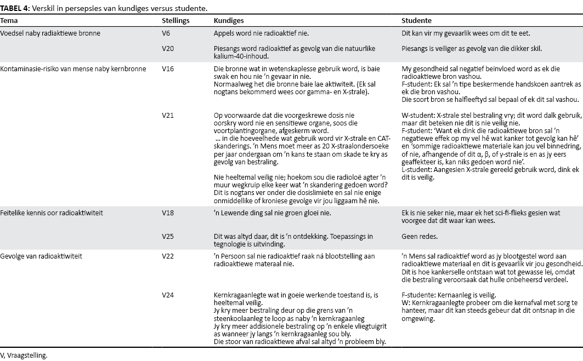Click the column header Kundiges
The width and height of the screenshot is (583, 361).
tap(228, 21)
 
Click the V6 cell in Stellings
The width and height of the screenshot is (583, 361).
tap(166, 33)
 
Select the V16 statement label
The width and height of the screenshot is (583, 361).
tap(168, 70)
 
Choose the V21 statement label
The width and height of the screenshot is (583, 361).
tap(168, 116)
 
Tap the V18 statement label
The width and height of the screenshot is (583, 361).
tap(168, 213)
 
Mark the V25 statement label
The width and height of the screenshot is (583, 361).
tap(168, 237)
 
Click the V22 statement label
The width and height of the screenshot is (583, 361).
tap(168, 256)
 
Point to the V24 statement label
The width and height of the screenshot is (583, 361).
tap(168, 295)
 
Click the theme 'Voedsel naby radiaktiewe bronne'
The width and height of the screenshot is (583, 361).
tap(50, 33)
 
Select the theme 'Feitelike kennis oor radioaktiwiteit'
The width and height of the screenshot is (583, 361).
tap(52, 213)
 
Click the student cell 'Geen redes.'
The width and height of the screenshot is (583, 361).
tap(418, 237)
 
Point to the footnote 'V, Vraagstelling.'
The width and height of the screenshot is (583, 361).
tap(24, 355)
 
